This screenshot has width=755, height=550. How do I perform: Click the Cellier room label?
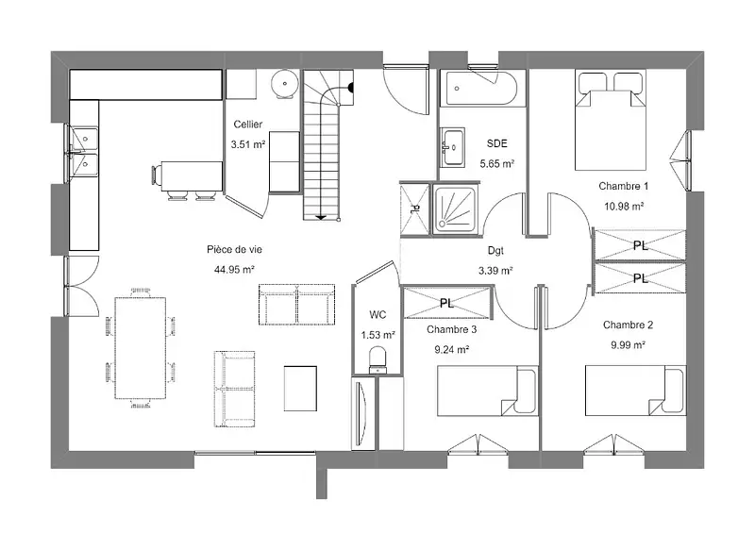point(248,125)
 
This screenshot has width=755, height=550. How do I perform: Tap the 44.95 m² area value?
point(234,270)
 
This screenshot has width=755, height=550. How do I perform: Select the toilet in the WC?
point(377,361)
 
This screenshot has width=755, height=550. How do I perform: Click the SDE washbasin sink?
point(452,147)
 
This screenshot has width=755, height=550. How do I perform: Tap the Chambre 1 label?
point(624,186)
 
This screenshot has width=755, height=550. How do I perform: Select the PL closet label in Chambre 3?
point(446,303)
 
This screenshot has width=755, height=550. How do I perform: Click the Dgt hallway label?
point(495,250)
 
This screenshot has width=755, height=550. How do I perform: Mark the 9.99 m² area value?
point(628,345)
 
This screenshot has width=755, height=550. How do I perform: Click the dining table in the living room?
point(140,348)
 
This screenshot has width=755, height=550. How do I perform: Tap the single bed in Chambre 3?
point(487,391)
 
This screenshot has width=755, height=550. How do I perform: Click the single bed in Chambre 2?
point(635,391)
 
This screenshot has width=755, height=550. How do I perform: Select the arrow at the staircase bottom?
point(321,218)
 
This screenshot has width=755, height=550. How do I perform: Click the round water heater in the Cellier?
point(285,84)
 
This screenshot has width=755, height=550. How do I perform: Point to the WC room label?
point(377,315)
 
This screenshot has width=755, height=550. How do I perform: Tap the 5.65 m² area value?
point(497,163)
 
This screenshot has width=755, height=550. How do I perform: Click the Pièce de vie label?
point(234,249)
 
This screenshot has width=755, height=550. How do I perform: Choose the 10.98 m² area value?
point(624,207)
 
